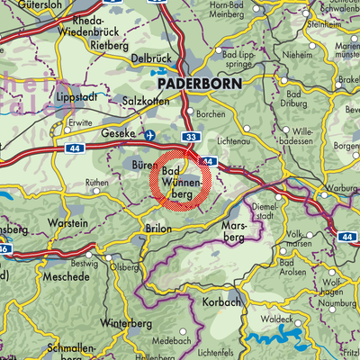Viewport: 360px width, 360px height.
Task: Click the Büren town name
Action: [x=140, y=166]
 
